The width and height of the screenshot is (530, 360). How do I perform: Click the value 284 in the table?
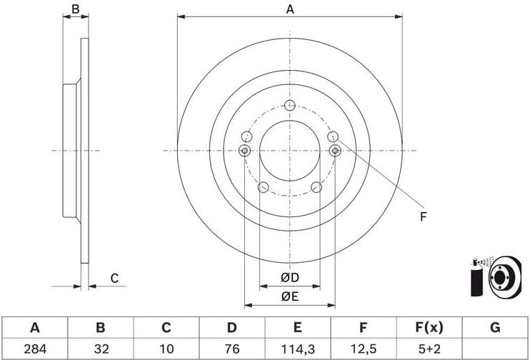[x=34, y=349]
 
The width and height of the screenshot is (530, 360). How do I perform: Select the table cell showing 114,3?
[x=297, y=349]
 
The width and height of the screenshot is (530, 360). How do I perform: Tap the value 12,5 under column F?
[x=363, y=349]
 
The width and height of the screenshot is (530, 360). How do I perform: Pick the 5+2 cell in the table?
[x=429, y=349]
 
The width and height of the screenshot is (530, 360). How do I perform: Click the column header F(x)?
[x=429, y=328]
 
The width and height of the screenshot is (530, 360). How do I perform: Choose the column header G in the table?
[x=494, y=328]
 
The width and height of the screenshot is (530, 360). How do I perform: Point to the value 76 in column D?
[x=231, y=349]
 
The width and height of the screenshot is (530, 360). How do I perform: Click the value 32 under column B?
[x=100, y=349]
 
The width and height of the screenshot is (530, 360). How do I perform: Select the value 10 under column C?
[x=166, y=349]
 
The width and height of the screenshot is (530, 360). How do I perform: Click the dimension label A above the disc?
[x=290, y=9]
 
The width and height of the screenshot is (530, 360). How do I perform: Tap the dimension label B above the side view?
[x=75, y=9]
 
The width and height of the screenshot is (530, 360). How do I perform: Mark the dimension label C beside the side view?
[x=114, y=279]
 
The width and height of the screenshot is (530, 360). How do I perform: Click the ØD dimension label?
[x=289, y=278]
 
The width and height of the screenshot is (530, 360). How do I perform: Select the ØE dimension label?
[x=289, y=296]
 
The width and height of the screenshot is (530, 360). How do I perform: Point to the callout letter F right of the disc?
[x=423, y=216]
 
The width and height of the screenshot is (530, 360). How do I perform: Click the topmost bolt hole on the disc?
[x=289, y=106]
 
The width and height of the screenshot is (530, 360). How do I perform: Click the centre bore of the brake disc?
[x=289, y=151]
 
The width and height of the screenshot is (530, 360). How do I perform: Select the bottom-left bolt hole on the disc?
[x=263, y=188]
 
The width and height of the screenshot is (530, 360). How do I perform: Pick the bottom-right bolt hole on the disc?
[x=316, y=188]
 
